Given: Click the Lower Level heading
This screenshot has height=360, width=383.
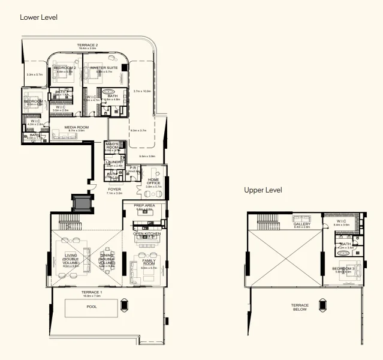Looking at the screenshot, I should point(38,17).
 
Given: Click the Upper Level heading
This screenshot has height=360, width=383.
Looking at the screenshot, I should point(263,190).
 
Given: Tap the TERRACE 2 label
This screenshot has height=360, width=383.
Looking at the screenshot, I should point(88,46).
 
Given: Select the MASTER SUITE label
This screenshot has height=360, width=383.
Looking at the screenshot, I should point(104,68).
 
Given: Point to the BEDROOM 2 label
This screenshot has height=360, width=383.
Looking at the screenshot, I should point(64,68).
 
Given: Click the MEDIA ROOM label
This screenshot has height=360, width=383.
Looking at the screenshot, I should point(76,128).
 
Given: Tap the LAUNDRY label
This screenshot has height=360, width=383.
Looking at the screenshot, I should point(114,162).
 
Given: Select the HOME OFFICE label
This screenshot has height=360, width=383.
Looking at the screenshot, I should point(153,181).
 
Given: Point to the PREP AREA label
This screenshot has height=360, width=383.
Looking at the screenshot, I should point(144,206).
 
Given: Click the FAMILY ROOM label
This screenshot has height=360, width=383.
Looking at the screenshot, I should point(148,262).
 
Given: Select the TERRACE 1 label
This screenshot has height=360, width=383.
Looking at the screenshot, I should point(92,292).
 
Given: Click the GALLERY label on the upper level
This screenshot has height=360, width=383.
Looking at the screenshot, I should point(301,224).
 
